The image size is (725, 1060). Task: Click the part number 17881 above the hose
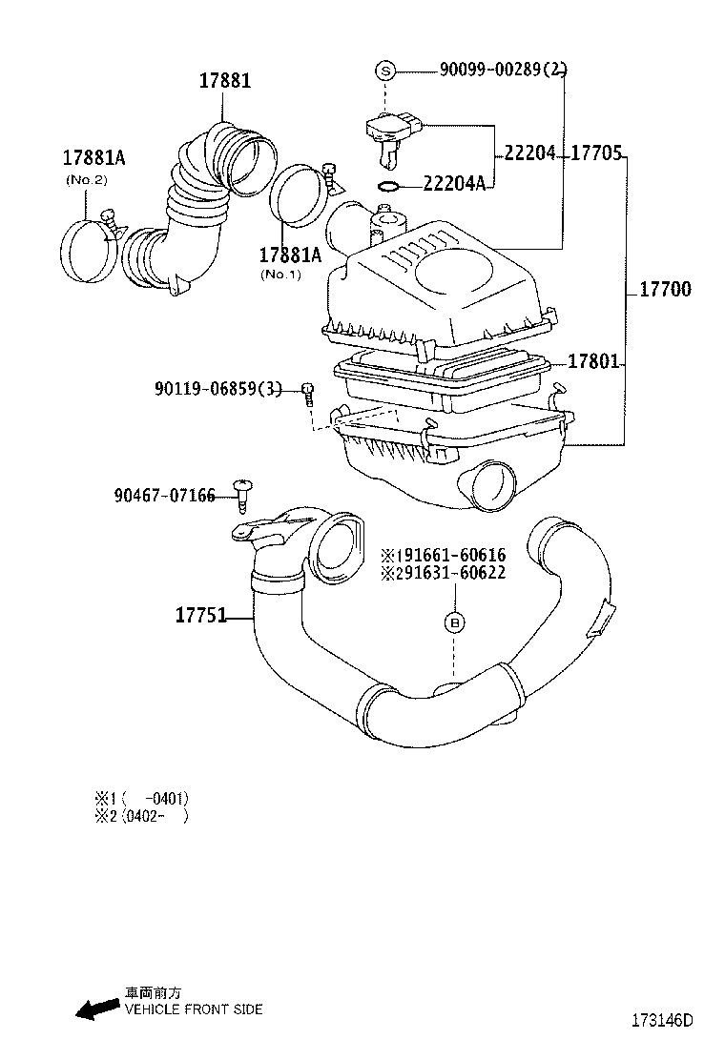225,81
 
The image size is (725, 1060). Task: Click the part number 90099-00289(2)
503,70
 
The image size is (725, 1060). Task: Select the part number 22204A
454,183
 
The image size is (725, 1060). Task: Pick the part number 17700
665,290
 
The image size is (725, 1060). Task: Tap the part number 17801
594,362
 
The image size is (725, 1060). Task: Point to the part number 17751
200,616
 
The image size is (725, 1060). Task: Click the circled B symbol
455,622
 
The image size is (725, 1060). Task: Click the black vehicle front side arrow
96,1009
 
